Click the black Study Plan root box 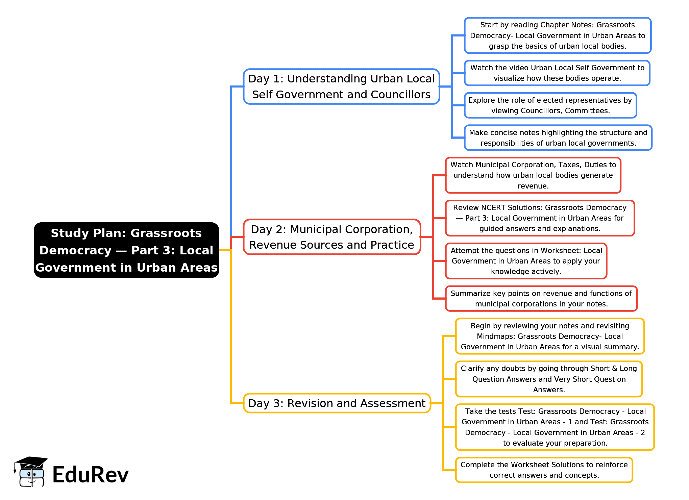tap(126, 250)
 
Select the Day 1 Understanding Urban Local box tap(341, 86)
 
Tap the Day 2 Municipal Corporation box tap(331, 237)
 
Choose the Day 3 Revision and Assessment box tap(337, 403)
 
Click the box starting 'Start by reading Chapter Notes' tap(558, 35)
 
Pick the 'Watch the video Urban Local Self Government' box tap(557, 73)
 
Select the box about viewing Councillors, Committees tap(550, 105)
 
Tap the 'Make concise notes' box tap(558, 138)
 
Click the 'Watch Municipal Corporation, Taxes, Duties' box tap(533, 175)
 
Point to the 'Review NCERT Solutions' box tap(540, 218)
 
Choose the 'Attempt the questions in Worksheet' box tap(526, 261)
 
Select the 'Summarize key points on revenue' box tap(541, 299)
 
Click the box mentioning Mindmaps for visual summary tap(550, 336)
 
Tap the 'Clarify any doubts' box tap(549, 379)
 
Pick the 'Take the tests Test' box tap(555, 427)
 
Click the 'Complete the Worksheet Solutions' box tap(544, 470)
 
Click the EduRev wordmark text tap(91, 475)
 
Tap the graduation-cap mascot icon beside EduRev tap(30, 472)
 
